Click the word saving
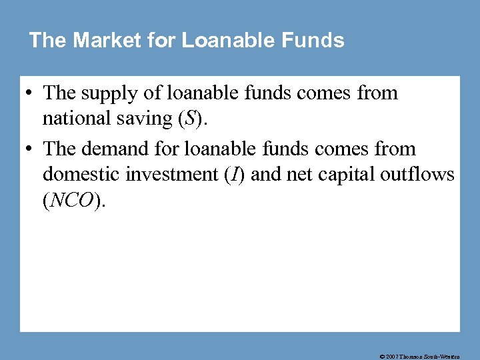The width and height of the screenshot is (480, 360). click(145, 119)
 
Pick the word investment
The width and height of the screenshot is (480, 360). click(167, 175)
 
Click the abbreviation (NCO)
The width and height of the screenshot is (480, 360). click(73, 200)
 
